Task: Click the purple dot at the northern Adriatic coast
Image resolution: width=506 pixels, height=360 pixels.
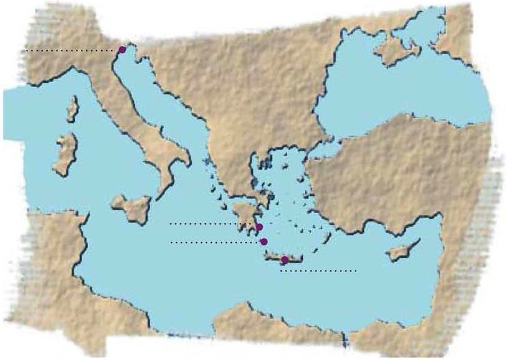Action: (x=122, y=49)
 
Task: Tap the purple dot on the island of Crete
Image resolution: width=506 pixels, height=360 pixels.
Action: (x=284, y=259)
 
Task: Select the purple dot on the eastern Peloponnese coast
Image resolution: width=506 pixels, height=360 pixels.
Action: (x=259, y=227)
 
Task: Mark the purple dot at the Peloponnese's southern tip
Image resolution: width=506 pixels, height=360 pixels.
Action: (x=263, y=242)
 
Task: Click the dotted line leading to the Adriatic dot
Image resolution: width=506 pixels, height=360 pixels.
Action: (x=68, y=51)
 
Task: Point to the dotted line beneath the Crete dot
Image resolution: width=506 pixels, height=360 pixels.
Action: (x=319, y=271)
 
